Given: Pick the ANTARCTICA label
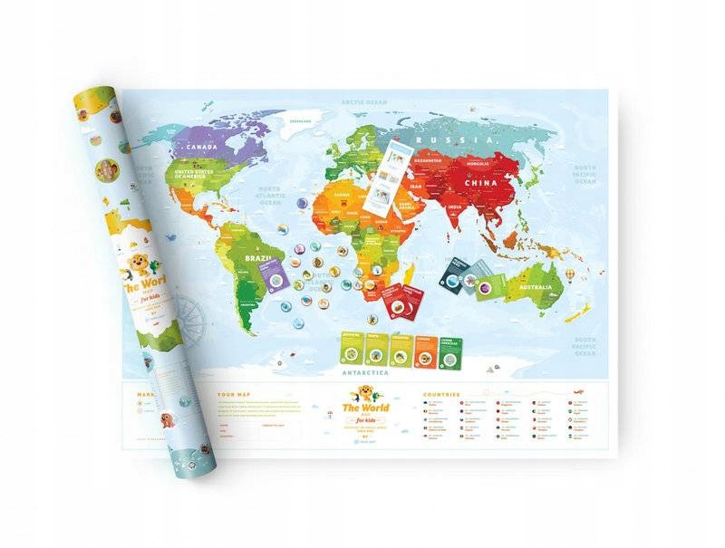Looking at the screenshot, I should [x=363, y=372].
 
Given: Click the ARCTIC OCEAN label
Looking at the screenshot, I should [x=364, y=103].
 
